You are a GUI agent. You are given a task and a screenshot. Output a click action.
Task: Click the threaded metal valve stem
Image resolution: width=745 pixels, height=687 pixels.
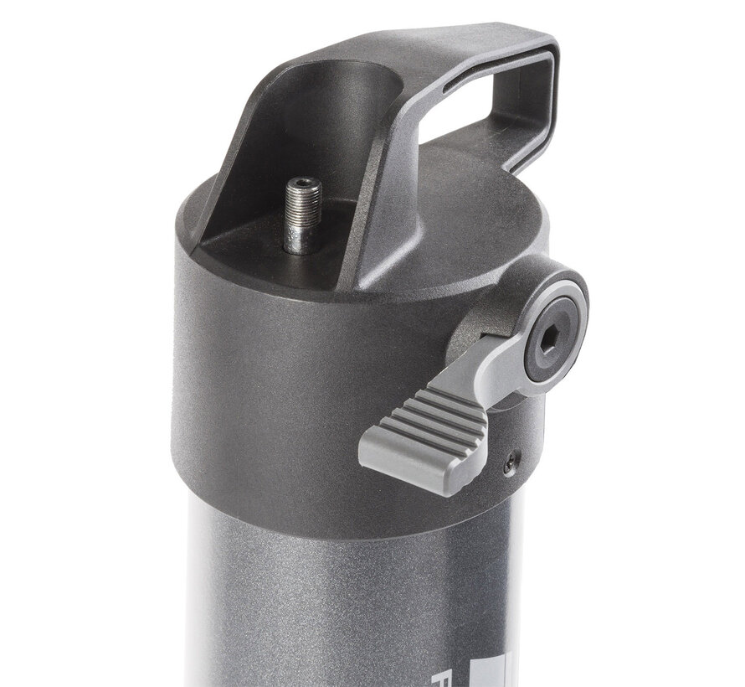(x=303, y=209)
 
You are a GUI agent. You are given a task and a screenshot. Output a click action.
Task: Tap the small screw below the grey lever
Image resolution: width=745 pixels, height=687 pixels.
(x=510, y=460)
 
